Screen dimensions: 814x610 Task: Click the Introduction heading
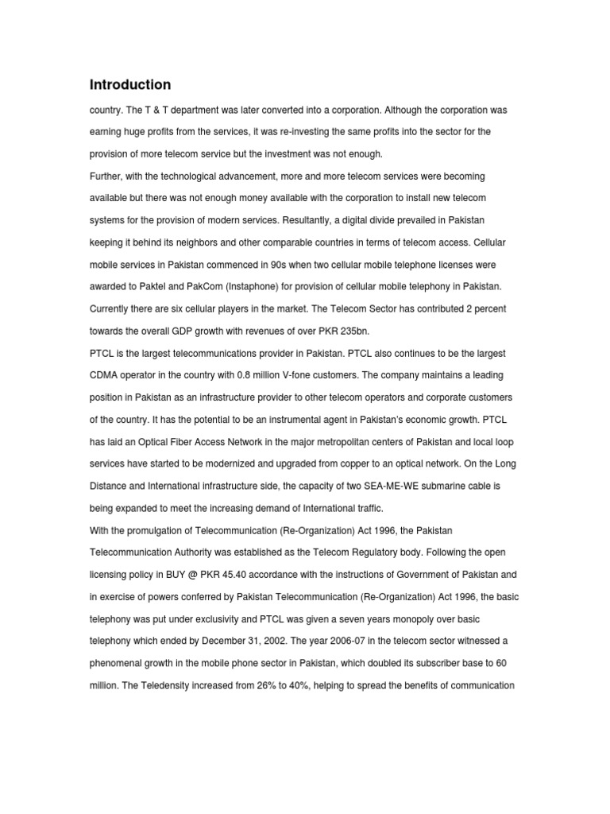click(x=129, y=84)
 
